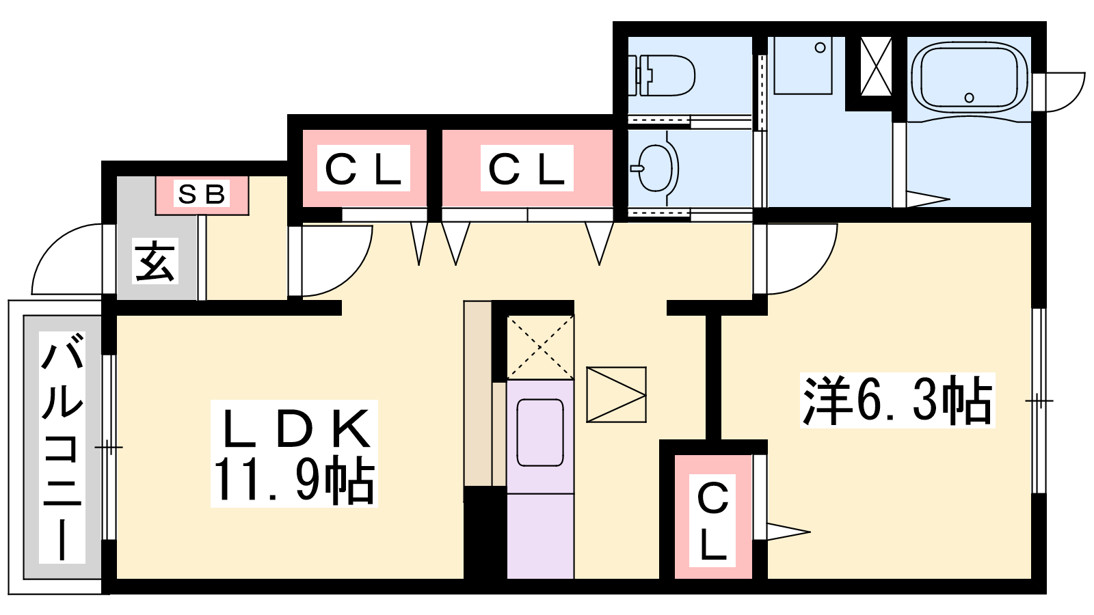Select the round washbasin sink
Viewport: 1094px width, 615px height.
click(x=654, y=169)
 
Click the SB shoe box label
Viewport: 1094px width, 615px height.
click(x=202, y=194)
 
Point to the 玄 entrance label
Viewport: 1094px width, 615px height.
click(x=155, y=261)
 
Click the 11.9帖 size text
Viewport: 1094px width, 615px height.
click(x=294, y=480)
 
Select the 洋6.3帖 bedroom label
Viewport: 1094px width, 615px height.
click(x=897, y=401)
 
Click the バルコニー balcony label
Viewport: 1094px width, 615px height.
click(x=62, y=447)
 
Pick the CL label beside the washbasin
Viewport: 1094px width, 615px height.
click(x=527, y=169)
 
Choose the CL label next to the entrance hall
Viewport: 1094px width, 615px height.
click(x=363, y=169)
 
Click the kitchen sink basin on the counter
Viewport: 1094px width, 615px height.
click(x=539, y=433)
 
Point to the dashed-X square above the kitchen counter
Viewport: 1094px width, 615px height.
click(x=540, y=347)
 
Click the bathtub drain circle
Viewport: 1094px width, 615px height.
click(x=970, y=98)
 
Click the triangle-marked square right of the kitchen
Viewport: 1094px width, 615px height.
click(x=616, y=394)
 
